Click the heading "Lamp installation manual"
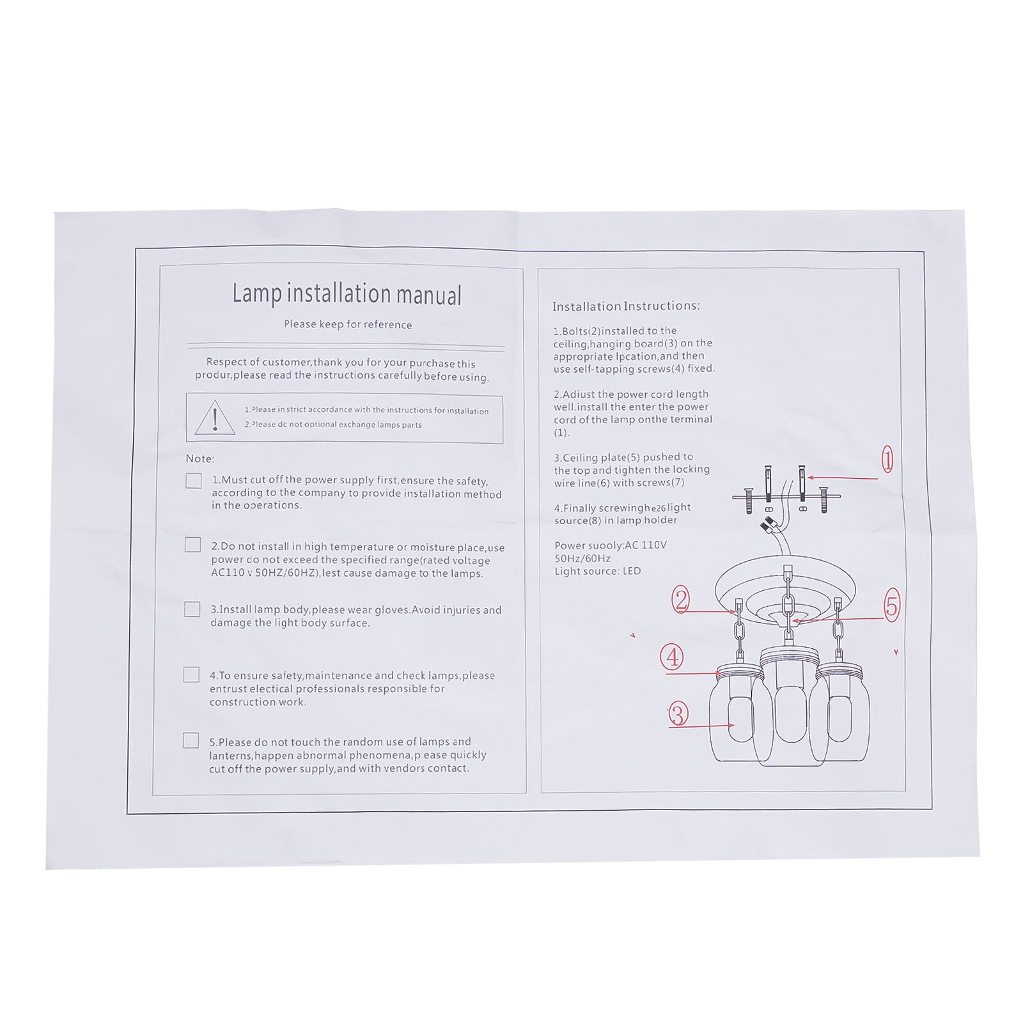click(347, 293)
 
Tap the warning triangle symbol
click(215, 418)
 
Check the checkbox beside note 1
click(193, 480)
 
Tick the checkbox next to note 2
click(192, 545)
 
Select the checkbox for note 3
click(192, 609)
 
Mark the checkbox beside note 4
click(191, 675)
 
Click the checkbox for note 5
click(191, 740)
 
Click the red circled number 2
click(681, 600)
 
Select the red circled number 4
click(672, 657)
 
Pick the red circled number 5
click(892, 605)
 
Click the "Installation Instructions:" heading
click(626, 306)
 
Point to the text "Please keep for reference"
click(348, 324)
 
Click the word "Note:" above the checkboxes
click(200, 458)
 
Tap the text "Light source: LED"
click(597, 571)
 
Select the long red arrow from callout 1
click(843, 478)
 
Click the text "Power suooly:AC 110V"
click(611, 545)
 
